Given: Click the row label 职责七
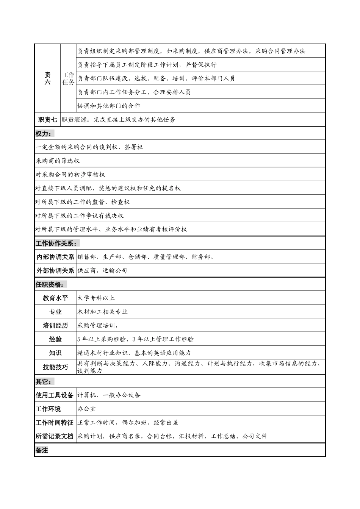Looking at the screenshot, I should click(47, 120).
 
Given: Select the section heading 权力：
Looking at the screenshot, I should click(44, 134).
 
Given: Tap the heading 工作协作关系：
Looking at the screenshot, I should click(57, 244).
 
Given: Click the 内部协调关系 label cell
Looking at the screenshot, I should click(55, 257).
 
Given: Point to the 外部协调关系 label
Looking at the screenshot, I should click(55, 271).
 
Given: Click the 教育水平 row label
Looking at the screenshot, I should click(55, 298).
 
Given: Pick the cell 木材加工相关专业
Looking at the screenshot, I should click(102, 312).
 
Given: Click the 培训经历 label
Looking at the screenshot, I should click(55, 326).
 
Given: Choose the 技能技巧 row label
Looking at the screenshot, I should click(55, 367).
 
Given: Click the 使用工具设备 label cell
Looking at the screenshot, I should click(55, 395).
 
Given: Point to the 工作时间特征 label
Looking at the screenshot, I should click(55, 423).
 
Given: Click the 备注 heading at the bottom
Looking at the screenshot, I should click(42, 450).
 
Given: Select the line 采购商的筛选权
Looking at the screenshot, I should click(58, 161).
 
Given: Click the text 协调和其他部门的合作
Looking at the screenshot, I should click(109, 106).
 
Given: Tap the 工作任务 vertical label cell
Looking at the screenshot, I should click(68, 78).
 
